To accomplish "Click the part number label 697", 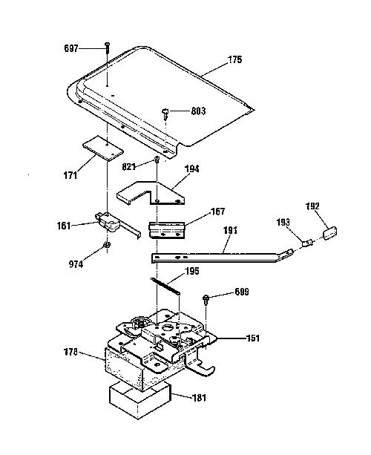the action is tap(71, 48).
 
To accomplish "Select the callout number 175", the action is tap(234, 59).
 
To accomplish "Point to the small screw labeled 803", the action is tap(165, 114).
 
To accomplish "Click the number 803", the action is tap(198, 111).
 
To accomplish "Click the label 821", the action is tap(129, 167).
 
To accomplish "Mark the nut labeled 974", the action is tap(107, 245).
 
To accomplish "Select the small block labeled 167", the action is tap(167, 230).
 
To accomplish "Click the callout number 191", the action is tap(230, 230).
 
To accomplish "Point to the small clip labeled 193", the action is tap(308, 243).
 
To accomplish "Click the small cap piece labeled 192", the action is tap(330, 233).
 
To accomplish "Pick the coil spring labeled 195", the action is tap(165, 286).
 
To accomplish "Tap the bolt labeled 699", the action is tap(206, 299).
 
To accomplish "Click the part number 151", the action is tap(253, 338).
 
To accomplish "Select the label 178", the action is tap(70, 353).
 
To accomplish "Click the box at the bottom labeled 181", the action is tap(139, 400).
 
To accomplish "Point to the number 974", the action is tap(76, 264).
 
